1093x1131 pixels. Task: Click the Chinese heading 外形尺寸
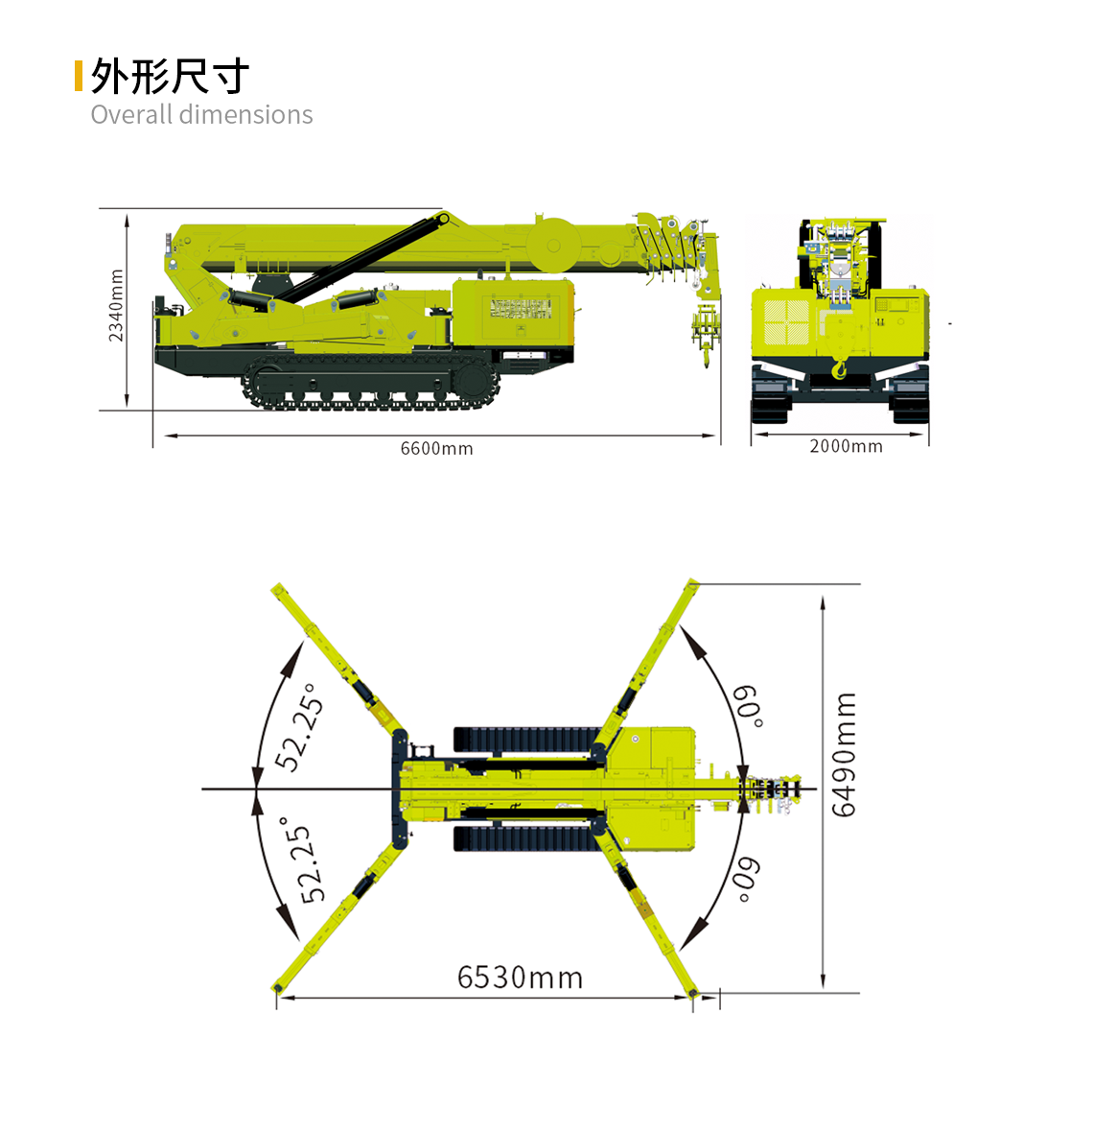[170, 76]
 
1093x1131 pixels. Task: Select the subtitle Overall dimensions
[202, 115]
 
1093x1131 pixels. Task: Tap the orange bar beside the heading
[79, 76]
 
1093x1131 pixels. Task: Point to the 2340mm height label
[115, 305]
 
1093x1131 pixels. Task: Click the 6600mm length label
[437, 449]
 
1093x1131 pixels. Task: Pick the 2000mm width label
[847, 446]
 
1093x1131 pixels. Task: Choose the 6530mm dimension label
[520, 978]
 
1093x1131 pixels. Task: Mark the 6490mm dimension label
[844, 755]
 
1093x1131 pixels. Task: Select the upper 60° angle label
[748, 707]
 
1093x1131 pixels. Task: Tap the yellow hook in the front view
[839, 370]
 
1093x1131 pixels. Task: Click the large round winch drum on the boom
[553, 246]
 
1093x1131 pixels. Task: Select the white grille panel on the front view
[786, 321]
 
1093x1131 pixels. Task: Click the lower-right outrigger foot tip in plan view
[693, 993]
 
